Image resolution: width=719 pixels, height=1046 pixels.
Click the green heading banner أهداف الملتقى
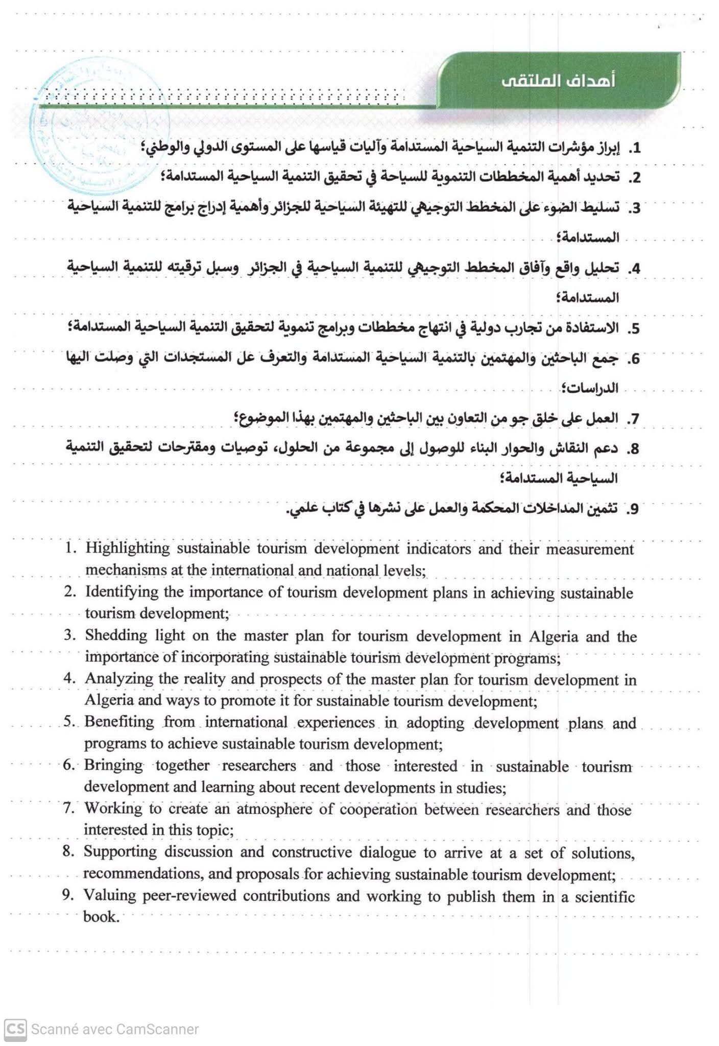tap(559, 81)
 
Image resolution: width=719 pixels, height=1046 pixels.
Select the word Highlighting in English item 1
tap(127, 549)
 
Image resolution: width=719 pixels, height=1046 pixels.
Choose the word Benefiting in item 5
tap(119, 722)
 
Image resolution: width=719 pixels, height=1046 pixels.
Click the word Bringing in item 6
tap(113, 766)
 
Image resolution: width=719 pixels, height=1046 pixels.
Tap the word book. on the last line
tap(101, 917)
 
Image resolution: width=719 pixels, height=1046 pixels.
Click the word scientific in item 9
tap(605, 897)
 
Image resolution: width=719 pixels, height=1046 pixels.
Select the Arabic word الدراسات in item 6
tap(596, 388)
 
